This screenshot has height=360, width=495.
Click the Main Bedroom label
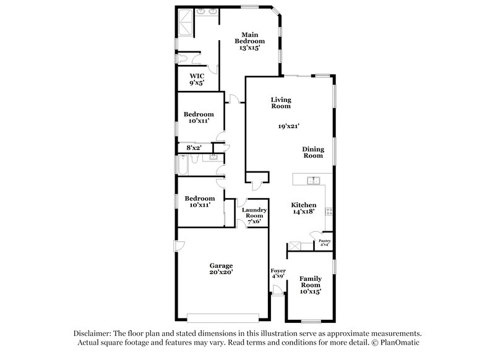point(249,40)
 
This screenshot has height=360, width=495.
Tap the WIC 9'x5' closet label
point(196,79)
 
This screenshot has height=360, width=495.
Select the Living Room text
point(281,103)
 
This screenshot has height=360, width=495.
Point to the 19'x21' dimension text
point(289,126)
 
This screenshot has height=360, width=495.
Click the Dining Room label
point(312,152)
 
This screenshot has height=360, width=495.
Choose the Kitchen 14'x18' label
point(304,208)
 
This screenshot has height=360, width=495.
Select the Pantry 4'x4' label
point(324,242)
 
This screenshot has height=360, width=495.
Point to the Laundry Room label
point(254,215)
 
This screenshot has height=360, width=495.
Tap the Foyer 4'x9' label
point(278,273)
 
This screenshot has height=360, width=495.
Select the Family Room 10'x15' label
point(311,285)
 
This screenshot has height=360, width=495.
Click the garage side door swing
point(179,246)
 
